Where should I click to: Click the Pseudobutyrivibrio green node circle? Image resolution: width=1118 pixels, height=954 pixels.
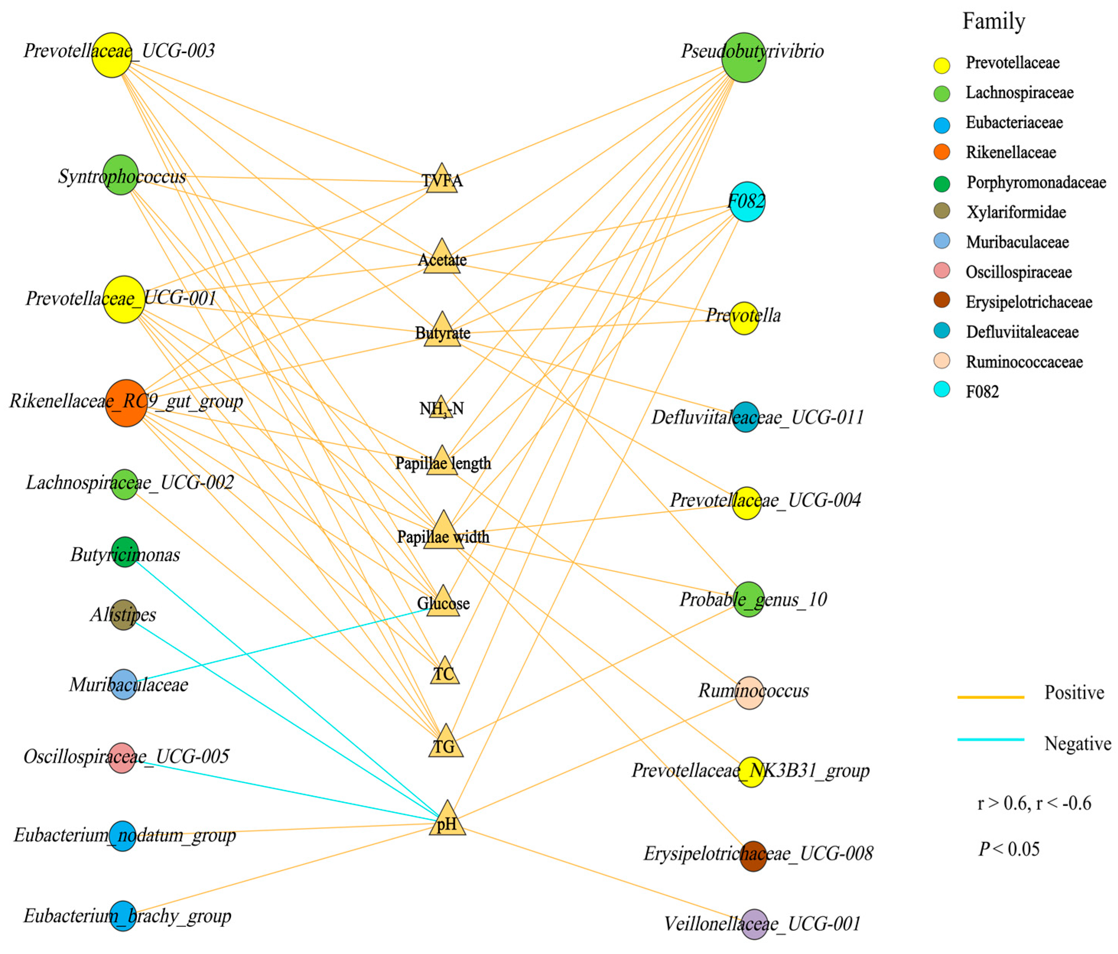744,57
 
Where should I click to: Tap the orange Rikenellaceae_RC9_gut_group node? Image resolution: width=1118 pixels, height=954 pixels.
126,403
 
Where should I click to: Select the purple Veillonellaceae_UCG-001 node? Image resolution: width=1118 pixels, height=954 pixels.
754,924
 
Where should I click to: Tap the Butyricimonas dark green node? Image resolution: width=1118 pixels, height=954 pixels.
125,552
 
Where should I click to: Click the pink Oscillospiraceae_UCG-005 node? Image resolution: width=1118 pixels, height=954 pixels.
122,758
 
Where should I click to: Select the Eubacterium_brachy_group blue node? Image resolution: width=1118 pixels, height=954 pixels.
123,916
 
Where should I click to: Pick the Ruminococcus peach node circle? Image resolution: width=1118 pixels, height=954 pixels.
749,693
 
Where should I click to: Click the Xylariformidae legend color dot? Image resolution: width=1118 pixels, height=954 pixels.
942,211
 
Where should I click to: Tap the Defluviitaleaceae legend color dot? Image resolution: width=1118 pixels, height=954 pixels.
942,331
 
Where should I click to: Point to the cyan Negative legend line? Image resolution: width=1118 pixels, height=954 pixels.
991,739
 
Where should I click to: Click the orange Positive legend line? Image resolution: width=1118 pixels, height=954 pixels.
991,697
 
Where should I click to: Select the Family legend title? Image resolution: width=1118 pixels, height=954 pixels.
993,21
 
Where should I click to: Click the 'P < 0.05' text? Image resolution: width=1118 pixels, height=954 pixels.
1009,849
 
